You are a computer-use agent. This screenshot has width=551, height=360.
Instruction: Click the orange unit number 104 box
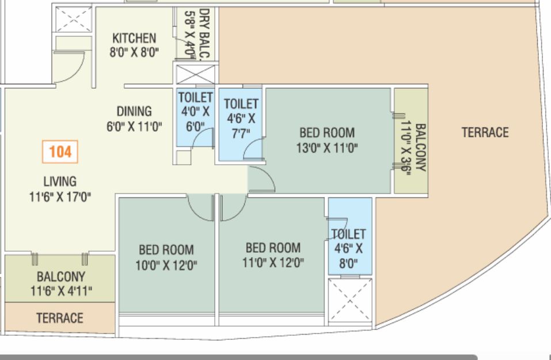(60, 152)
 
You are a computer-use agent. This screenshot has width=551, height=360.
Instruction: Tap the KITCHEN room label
(134, 38)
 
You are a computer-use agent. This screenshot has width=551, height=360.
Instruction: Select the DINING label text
(134, 111)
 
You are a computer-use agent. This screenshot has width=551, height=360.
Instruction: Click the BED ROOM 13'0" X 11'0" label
(327, 141)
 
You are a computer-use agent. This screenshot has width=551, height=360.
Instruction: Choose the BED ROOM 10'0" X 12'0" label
(166, 257)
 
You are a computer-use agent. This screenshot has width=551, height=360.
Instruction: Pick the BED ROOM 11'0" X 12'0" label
(273, 255)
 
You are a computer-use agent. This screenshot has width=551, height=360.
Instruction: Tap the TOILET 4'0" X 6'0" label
(195, 112)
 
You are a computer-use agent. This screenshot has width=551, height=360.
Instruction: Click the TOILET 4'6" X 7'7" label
(241, 119)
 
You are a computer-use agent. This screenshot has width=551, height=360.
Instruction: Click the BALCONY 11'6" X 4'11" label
(61, 284)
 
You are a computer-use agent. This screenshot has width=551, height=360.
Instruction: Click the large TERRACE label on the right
(485, 132)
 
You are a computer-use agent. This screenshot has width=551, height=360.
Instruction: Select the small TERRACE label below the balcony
(60, 318)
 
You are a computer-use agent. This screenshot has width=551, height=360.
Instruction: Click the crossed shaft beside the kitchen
(74, 19)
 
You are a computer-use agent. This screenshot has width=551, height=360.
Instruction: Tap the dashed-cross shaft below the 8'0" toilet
(350, 301)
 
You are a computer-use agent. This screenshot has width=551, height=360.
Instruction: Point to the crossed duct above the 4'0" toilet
(195, 74)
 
